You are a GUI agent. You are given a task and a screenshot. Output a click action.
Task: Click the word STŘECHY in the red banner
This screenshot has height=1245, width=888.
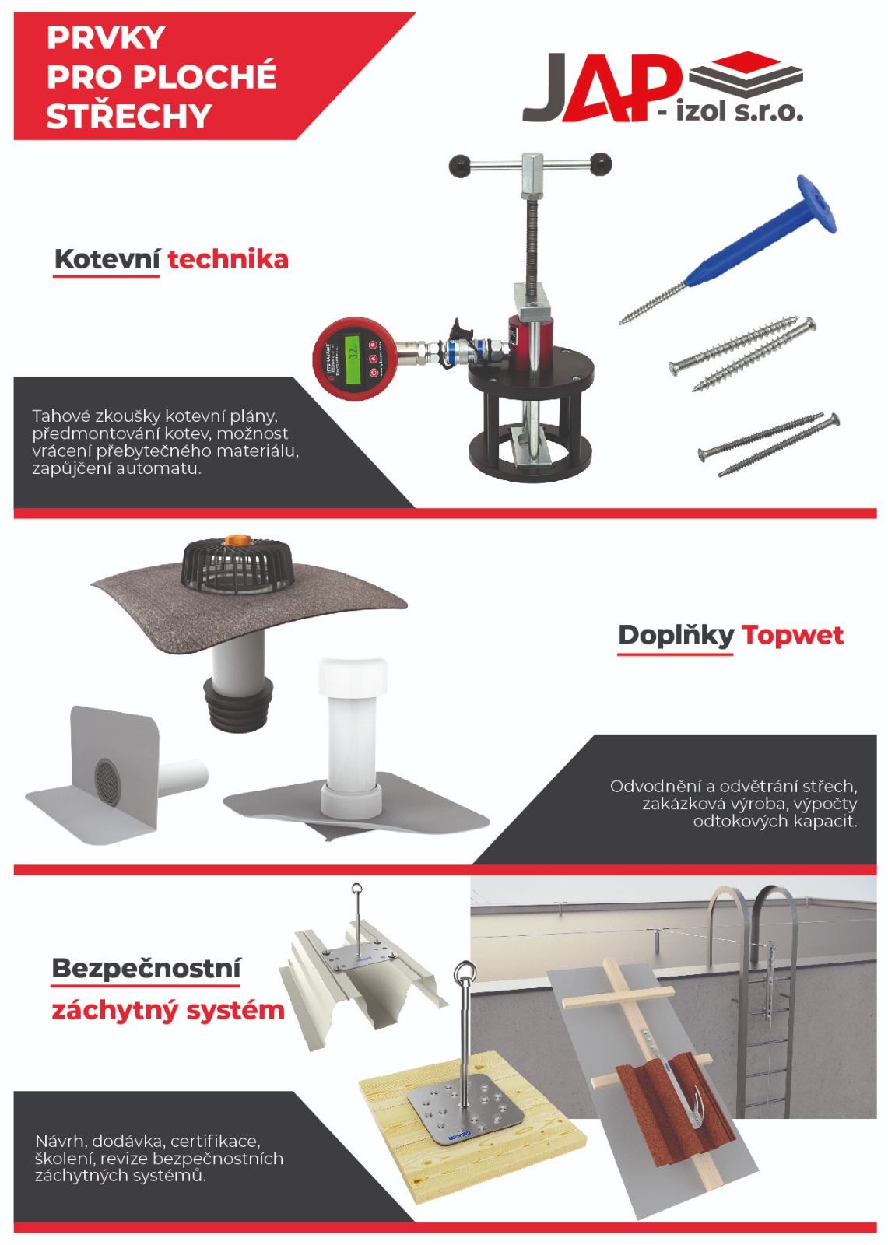tap(129, 116)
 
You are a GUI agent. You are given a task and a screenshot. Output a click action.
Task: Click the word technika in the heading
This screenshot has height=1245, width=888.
tap(228, 260)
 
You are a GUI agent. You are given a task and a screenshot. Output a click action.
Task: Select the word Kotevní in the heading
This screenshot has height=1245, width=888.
tap(107, 260)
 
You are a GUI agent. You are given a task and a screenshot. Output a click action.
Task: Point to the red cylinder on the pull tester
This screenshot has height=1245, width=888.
tap(531, 342)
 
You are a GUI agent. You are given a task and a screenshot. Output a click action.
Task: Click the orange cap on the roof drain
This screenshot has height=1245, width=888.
tap(237, 540)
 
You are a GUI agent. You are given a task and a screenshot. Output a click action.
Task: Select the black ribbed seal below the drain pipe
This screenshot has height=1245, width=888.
tap(239, 703)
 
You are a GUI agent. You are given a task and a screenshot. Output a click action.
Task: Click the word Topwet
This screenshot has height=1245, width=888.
tap(792, 635)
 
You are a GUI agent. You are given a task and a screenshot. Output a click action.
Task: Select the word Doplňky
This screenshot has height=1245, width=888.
tap(676, 635)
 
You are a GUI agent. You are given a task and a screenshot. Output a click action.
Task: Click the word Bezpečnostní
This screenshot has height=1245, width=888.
tap(146, 969)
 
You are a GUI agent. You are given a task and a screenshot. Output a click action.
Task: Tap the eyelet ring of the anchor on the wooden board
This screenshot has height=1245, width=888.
tap(465, 973)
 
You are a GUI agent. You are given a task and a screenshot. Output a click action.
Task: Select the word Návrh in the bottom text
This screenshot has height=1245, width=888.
tap(61, 1141)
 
